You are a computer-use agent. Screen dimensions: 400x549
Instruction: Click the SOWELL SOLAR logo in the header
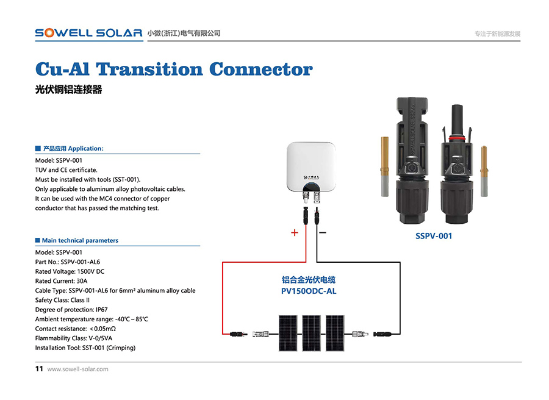click(x=88, y=33)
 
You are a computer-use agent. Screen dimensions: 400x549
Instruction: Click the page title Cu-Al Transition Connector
click(x=174, y=69)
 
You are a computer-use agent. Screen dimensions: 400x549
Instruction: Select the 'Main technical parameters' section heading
click(x=80, y=240)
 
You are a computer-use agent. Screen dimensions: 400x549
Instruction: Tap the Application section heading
click(x=73, y=148)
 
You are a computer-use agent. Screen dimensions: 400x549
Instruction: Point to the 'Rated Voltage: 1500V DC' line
click(x=70, y=271)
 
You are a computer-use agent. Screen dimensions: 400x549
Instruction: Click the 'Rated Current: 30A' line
click(x=62, y=281)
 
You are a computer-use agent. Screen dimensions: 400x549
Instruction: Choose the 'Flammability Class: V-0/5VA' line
click(x=74, y=338)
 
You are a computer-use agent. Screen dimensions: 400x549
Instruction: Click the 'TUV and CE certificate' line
click(x=66, y=170)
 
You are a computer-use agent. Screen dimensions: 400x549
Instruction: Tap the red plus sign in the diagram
click(x=294, y=232)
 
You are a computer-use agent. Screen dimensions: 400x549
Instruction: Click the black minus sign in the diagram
click(x=323, y=232)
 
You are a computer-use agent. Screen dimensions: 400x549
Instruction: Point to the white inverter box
click(x=310, y=165)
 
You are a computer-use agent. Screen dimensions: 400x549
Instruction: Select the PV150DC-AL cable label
click(x=309, y=291)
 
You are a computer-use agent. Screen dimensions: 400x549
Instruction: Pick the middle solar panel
click(x=312, y=333)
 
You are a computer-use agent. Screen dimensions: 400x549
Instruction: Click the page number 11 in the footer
click(x=39, y=369)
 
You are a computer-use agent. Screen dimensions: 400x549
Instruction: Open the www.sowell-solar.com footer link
click(x=77, y=369)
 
